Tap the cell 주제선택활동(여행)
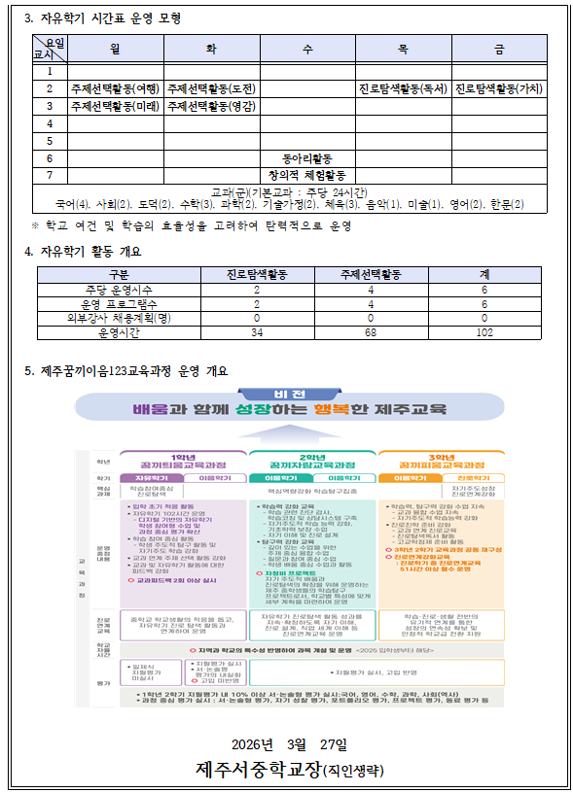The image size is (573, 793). pos(116,88)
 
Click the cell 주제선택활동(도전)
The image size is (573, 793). pos(211,88)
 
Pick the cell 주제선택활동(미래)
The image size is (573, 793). pos(116,106)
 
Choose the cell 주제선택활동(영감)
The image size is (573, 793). pos(211,106)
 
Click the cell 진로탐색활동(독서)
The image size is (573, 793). pos(403,88)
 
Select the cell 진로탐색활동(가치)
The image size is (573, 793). pos(499,88)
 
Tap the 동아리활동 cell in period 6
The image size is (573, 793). pos(307,158)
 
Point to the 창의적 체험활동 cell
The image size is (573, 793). pos(307,175)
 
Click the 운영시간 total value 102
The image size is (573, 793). pos(483,332)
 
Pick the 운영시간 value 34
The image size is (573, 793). pos(257,332)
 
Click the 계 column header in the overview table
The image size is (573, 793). pos(483,274)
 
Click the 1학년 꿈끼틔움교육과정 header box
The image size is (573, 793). pos(182,462)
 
